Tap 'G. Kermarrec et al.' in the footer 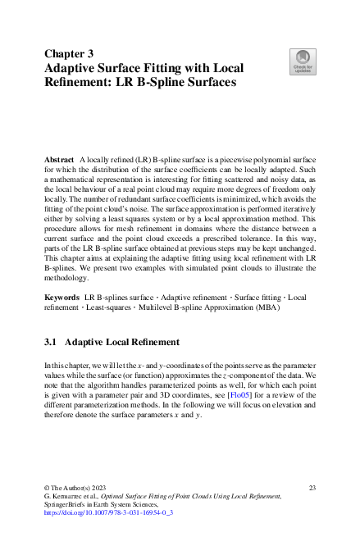pos(71,496)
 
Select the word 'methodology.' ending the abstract pos(67,276)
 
